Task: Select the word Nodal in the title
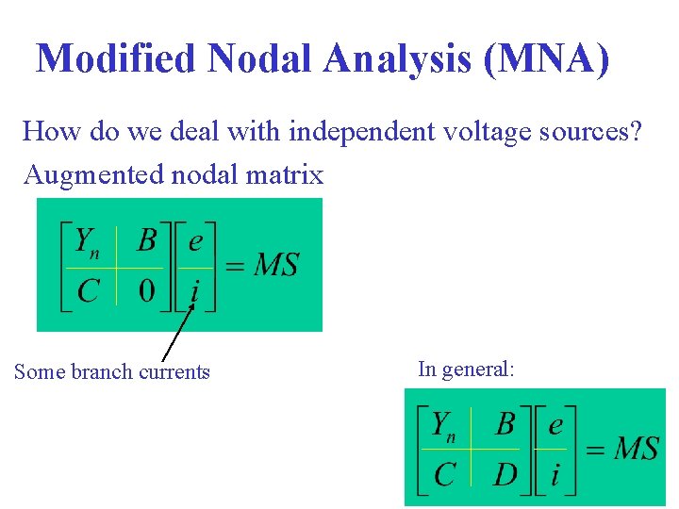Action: click(260, 59)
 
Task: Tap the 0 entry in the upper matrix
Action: click(147, 290)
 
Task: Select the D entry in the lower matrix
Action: click(505, 473)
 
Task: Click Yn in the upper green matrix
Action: click(88, 242)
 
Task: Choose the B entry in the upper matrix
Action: click(147, 241)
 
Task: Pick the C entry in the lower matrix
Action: click(444, 473)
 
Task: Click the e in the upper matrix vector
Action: click(195, 241)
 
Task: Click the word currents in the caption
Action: click(174, 371)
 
